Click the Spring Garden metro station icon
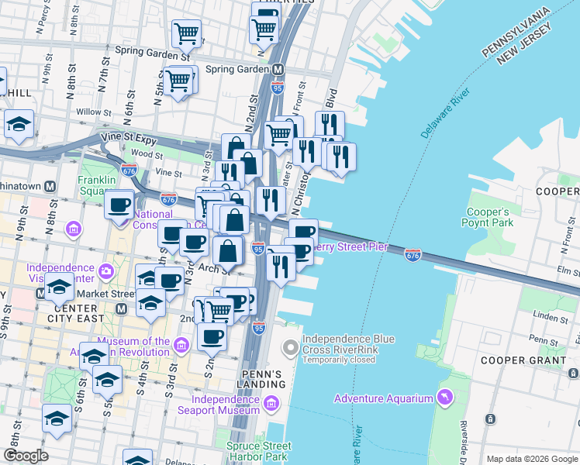click(277, 68)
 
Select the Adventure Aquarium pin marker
click(444, 398)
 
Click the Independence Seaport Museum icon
click(271, 403)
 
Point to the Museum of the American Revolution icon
click(181, 344)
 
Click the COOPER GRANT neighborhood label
click(523, 360)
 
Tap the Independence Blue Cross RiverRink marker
click(290, 349)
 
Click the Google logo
click(26, 455)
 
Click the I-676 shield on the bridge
click(413, 253)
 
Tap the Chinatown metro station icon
click(50, 186)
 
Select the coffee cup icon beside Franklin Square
click(119, 205)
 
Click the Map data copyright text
click(532, 459)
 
